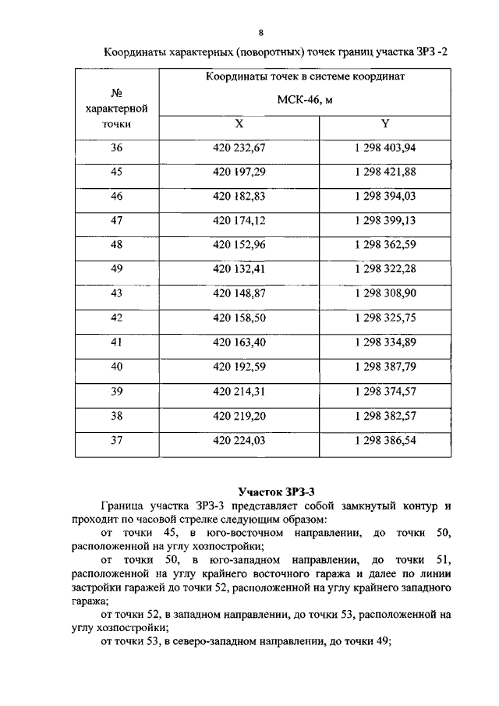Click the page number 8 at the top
click(x=261, y=31)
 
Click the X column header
click(x=239, y=124)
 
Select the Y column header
click(x=384, y=124)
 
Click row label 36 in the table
click(x=117, y=147)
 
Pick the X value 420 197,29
click(x=239, y=172)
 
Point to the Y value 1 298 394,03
click(x=384, y=196)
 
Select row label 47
click(x=117, y=220)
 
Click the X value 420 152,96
click(x=239, y=245)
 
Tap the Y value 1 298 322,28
click(x=384, y=269)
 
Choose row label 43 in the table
click(x=117, y=293)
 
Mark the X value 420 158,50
click(x=239, y=318)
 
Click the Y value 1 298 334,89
click(x=384, y=342)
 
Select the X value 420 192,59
click(x=239, y=367)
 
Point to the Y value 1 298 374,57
click(x=384, y=391)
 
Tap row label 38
click(x=117, y=415)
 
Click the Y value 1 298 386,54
click(x=384, y=440)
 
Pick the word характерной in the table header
click(x=116, y=108)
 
